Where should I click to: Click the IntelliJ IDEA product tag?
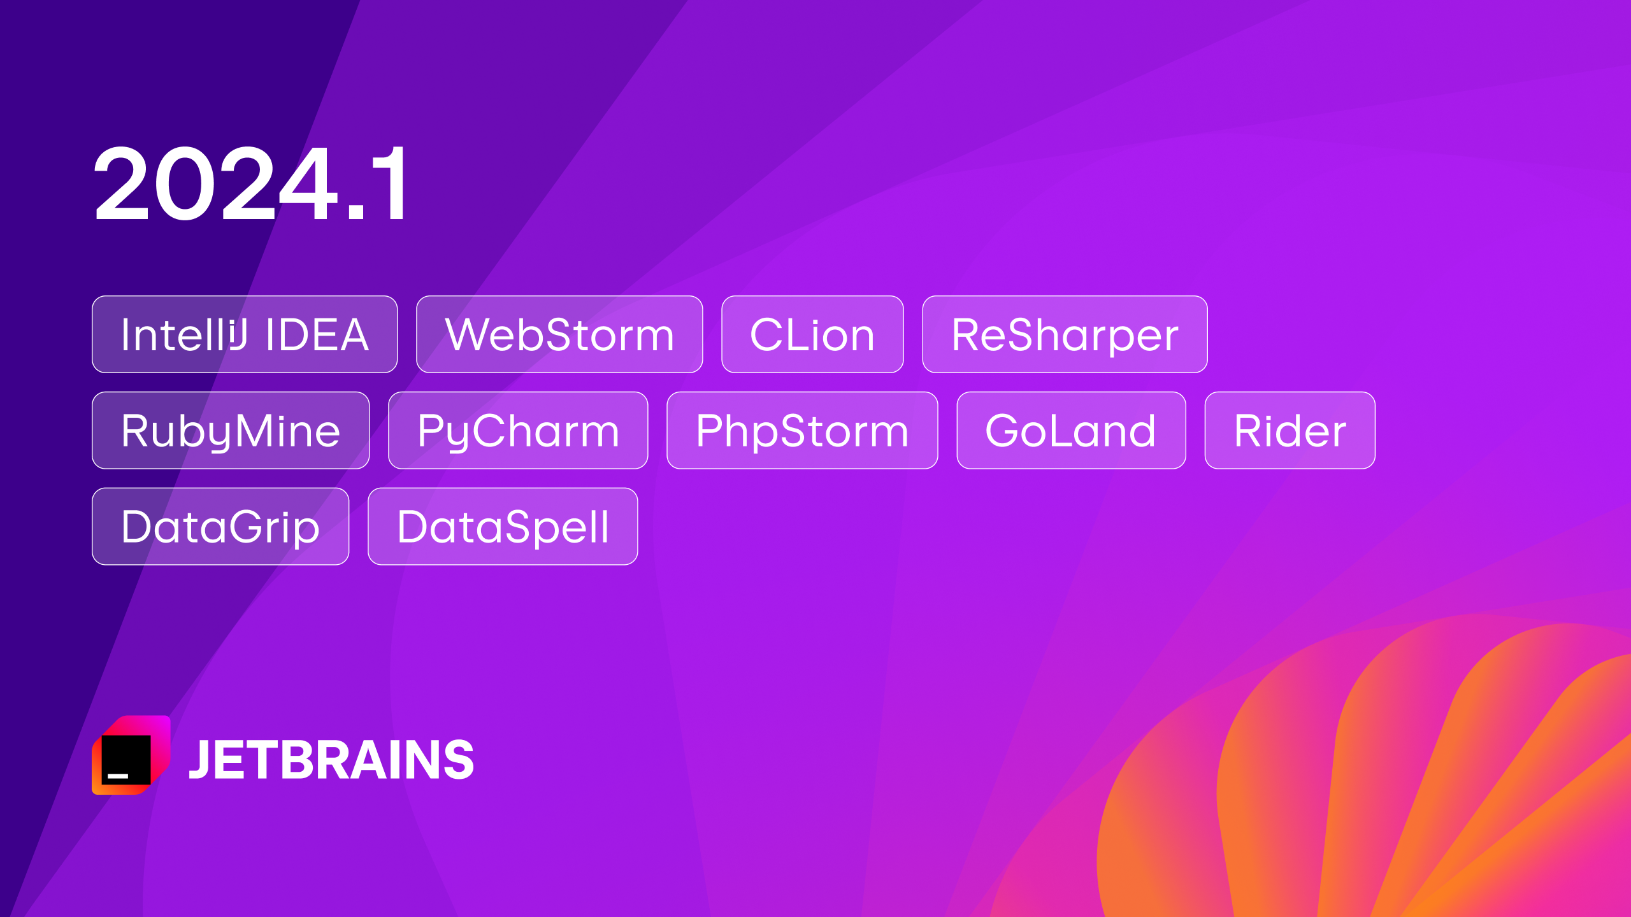[x=245, y=334]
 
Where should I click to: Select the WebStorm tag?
[x=559, y=334]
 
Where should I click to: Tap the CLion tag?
[x=812, y=334]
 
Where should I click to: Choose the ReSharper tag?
[x=1065, y=334]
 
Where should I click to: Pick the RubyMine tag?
[x=231, y=430]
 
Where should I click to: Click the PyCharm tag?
[x=518, y=430]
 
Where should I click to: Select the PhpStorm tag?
[x=802, y=430]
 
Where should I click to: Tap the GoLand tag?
[x=1071, y=430]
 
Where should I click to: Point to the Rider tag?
[x=1290, y=430]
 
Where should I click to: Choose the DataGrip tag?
[x=220, y=527]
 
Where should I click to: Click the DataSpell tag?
[x=503, y=527]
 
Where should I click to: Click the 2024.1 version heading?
[x=250, y=183]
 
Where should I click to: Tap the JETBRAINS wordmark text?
[x=331, y=759]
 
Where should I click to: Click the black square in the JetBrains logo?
[x=126, y=760]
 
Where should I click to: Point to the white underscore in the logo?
[x=118, y=776]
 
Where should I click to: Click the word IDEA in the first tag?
[x=317, y=334]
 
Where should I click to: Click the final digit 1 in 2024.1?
[x=389, y=183]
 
